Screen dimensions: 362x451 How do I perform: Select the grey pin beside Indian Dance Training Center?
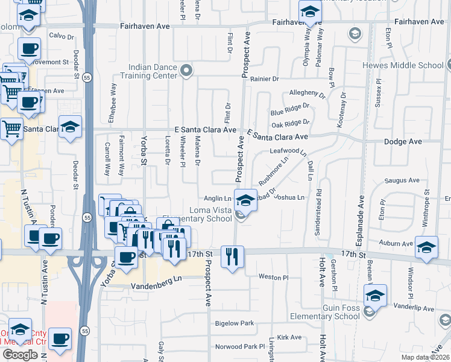pos(187,71)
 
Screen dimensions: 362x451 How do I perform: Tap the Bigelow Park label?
pos(235,324)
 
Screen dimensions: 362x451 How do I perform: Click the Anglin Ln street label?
pos(218,198)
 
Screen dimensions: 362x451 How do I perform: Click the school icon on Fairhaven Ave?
pos(309,12)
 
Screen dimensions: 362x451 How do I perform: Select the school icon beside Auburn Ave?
pos(426,248)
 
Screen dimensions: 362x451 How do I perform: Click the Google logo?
pos(20,355)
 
